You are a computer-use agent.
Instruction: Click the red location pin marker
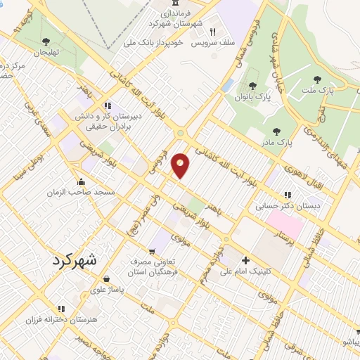181,165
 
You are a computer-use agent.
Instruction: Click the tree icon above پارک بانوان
252,86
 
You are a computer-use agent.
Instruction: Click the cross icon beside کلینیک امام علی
245,260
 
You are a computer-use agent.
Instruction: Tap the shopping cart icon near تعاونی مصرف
152,251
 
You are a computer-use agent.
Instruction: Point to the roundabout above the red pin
181,134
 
